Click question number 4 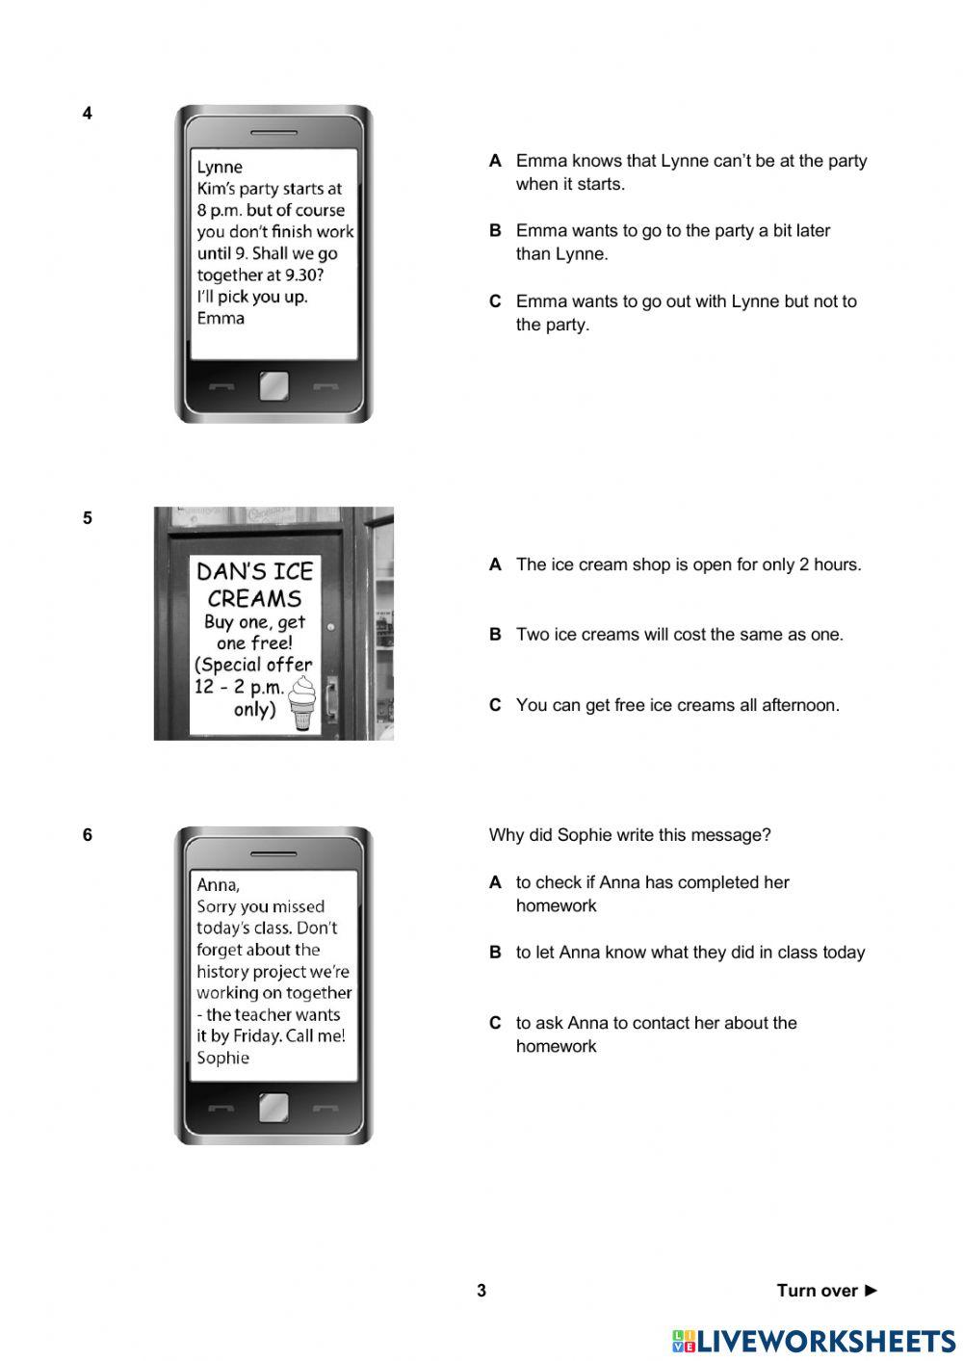(x=88, y=114)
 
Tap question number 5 (x=88, y=518)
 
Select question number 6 (x=88, y=835)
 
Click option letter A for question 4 (x=495, y=161)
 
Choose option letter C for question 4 (x=495, y=301)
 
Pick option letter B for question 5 (x=495, y=635)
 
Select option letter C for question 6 (x=495, y=1023)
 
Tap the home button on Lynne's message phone (x=273, y=387)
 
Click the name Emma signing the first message (x=221, y=319)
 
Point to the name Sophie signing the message (x=222, y=1058)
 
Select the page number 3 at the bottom (x=481, y=1291)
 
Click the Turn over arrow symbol (x=871, y=1291)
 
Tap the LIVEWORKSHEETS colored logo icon (x=684, y=1341)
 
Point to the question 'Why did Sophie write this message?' (x=629, y=835)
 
